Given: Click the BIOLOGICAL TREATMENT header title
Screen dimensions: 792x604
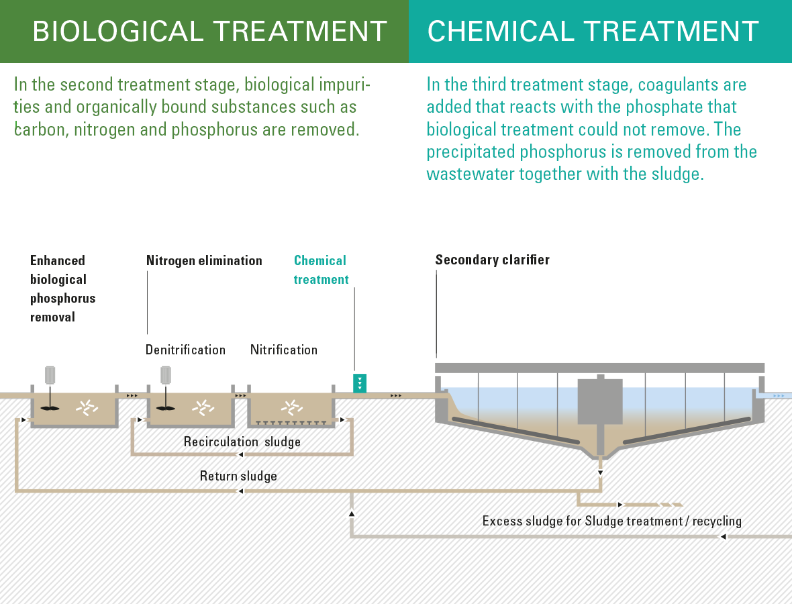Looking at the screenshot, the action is coord(209,32).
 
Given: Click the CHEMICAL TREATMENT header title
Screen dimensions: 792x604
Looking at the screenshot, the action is coord(593,32).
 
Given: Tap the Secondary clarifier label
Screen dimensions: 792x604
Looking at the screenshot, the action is coord(493,260).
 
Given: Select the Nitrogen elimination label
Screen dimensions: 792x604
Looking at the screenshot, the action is coord(204,260).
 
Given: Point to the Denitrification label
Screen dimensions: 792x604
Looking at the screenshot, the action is coord(185,350).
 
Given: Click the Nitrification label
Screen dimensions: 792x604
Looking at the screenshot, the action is coord(284,350).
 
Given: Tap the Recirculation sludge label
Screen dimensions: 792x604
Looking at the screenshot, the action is coord(242,442).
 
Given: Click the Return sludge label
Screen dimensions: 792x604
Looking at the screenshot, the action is coord(238,476).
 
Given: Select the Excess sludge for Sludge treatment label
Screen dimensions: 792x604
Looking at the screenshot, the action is coord(611,521).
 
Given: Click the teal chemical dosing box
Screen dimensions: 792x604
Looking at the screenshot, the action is coord(360,383).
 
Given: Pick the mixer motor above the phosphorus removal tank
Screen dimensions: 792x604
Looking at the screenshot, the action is coord(50,375).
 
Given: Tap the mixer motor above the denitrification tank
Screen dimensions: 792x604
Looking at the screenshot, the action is coord(166,375).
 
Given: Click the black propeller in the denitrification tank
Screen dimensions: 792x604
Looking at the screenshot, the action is coord(166,407).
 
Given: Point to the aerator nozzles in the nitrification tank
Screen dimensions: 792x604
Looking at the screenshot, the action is coord(291,423).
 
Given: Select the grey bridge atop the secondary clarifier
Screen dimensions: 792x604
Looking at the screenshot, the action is coord(599,368).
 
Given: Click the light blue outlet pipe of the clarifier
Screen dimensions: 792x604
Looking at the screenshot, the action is coord(773,395).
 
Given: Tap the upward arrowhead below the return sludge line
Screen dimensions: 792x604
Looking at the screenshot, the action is coord(352,513).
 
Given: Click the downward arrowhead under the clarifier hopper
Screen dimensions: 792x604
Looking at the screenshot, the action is coord(600,473).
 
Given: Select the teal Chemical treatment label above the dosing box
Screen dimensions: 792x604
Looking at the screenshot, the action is coord(321,270).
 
